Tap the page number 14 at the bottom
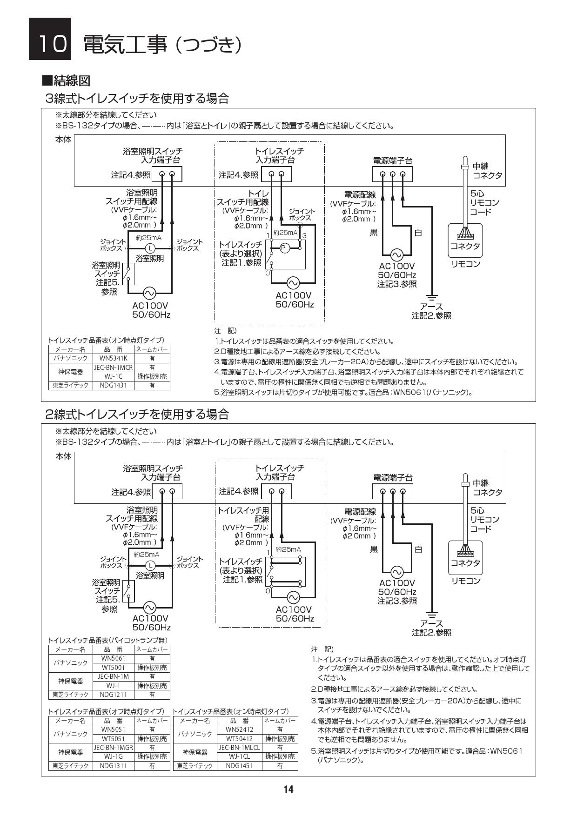coord(288,789)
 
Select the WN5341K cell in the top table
coord(113,358)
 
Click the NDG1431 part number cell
coord(113,385)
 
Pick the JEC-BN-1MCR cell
coord(113,367)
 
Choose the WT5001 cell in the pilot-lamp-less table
coord(113,668)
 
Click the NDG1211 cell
coord(113,695)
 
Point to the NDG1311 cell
coord(113,765)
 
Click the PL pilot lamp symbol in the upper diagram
coord(285,248)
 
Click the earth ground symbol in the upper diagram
coord(432,297)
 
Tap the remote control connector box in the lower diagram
coord(465,558)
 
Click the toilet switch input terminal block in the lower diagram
coord(277,491)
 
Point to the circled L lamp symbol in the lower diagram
coord(150,566)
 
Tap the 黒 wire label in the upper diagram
coord(374,233)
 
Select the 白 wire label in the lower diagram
coord(418,549)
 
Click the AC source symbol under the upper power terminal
coord(396,255)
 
